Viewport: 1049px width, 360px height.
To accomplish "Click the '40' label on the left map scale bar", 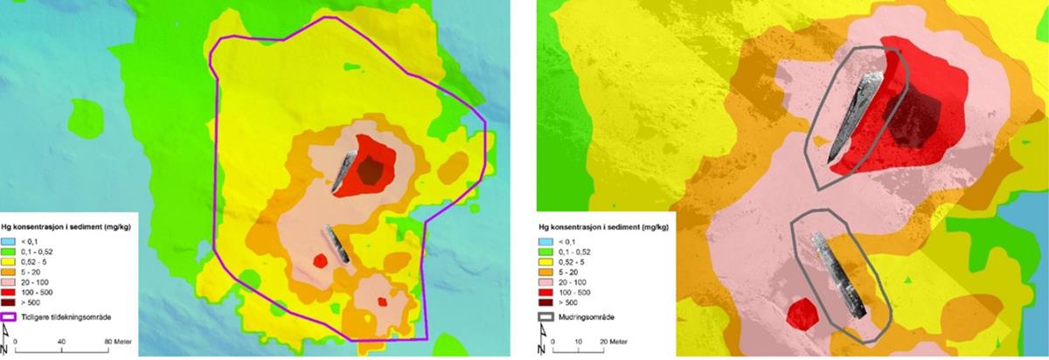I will click(62, 342).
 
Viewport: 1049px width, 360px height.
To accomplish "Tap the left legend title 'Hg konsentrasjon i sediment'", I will click(66, 224).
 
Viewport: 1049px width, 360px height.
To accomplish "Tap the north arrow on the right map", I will click(542, 342).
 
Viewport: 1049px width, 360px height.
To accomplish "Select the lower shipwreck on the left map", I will click(337, 245).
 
